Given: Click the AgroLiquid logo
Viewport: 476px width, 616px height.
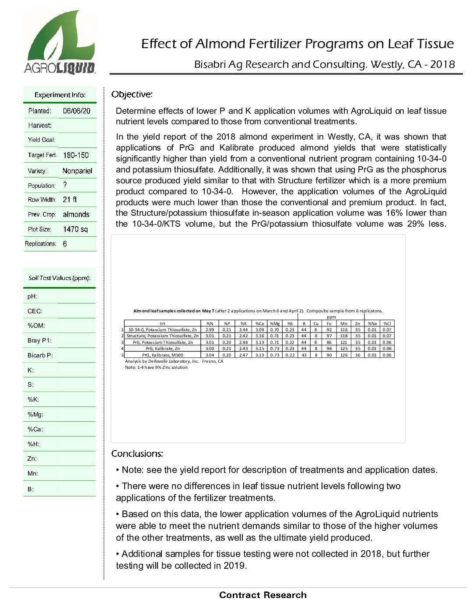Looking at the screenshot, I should click(x=59, y=43).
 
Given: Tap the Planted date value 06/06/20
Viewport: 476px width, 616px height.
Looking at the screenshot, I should click(x=77, y=111).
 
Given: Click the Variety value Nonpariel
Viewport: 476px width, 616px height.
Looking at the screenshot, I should click(x=77, y=171).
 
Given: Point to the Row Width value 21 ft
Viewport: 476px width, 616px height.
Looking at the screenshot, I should click(x=70, y=199).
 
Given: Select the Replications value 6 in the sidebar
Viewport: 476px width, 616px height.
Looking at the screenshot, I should click(x=65, y=244).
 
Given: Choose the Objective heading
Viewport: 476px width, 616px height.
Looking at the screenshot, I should click(x=132, y=94).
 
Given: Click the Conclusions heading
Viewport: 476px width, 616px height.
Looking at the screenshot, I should click(x=137, y=454).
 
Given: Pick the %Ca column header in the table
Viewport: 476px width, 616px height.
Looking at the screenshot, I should click(x=259, y=324).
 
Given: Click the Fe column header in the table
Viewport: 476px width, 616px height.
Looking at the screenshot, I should click(x=329, y=324).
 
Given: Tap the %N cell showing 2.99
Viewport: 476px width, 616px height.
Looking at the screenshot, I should click(x=210, y=330).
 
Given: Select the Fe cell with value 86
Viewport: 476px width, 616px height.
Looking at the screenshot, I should click(x=329, y=343).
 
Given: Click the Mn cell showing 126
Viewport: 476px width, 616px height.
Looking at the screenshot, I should click(x=344, y=355).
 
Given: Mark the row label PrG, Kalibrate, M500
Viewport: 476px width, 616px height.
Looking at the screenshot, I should click(x=162, y=355).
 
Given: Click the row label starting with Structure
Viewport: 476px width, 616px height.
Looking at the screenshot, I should click(x=162, y=336).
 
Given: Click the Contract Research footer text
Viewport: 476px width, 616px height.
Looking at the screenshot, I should click(x=262, y=595).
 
